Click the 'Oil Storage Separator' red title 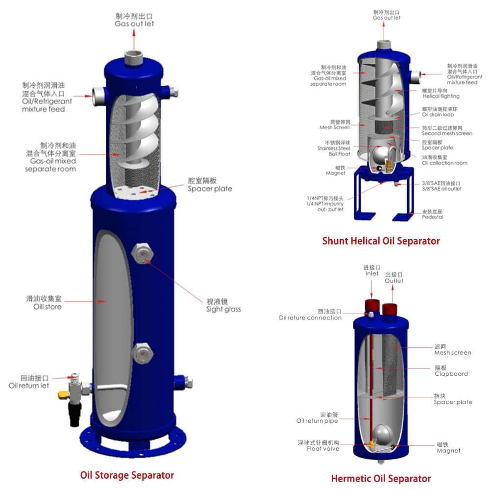pyautogui.click(x=127, y=475)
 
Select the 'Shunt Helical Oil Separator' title pyautogui.click(x=381, y=241)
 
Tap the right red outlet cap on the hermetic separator pyautogui.click(x=390, y=309)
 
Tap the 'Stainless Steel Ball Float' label pyautogui.click(x=333, y=151)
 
